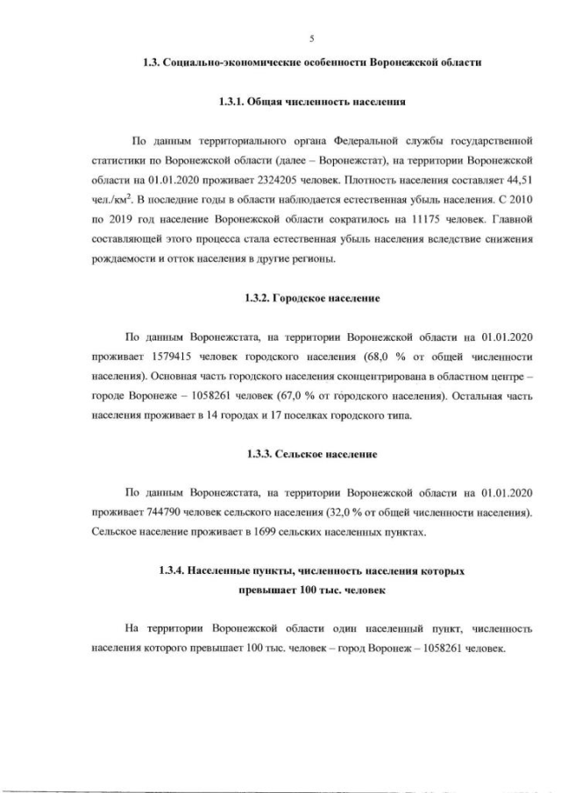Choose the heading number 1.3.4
tap(173, 570)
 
